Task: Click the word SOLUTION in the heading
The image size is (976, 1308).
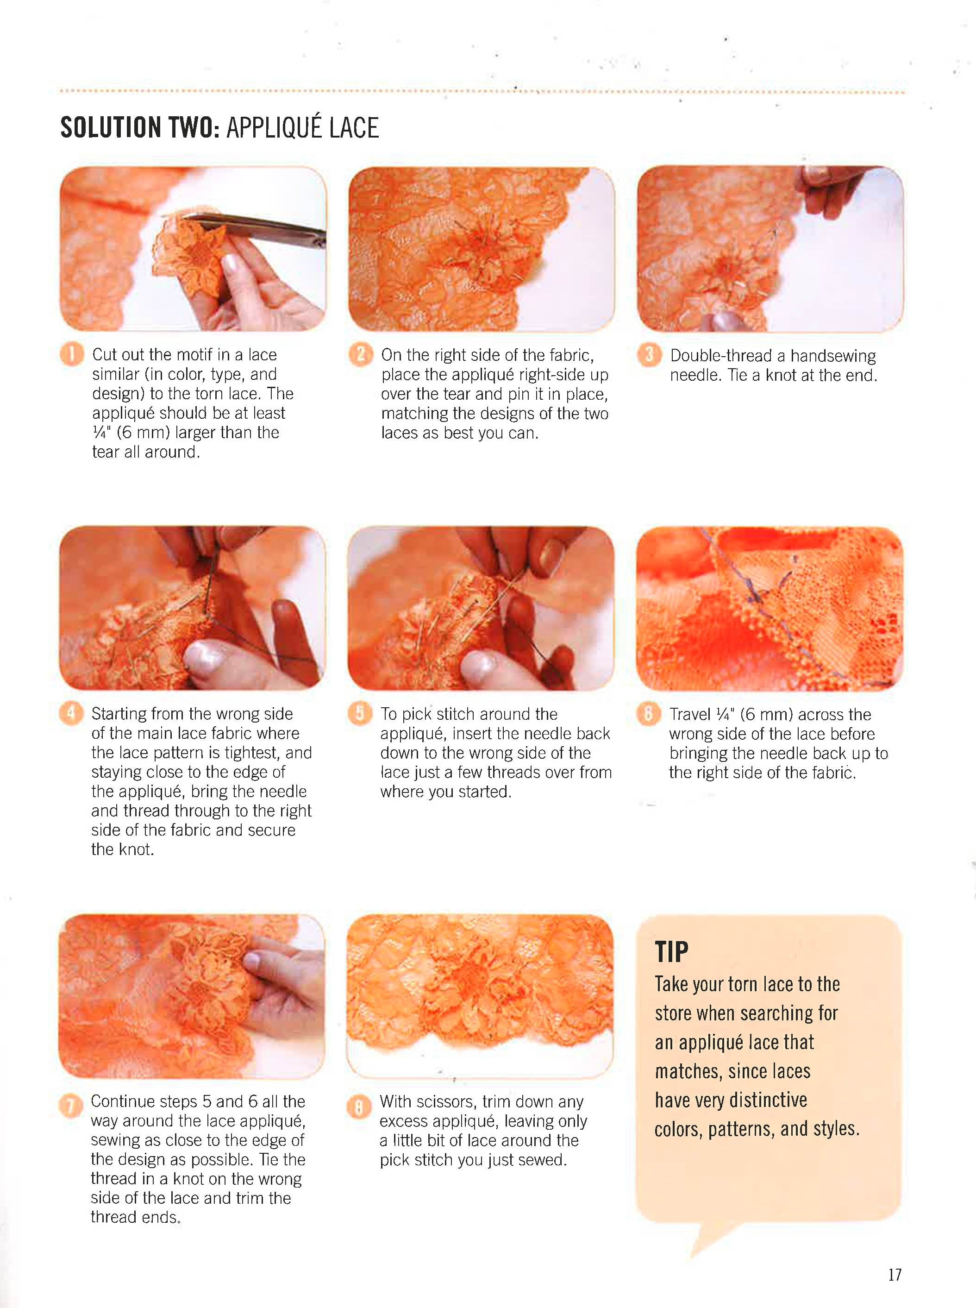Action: [111, 128]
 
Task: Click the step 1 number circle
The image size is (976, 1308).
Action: [71, 355]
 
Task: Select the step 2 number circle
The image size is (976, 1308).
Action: [360, 355]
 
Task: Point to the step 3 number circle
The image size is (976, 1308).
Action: [649, 355]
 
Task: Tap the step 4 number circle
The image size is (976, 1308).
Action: [71, 714]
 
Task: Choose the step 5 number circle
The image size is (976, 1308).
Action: [359, 714]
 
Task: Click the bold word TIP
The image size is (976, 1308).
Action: [672, 952]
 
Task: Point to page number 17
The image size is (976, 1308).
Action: [895, 1275]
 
